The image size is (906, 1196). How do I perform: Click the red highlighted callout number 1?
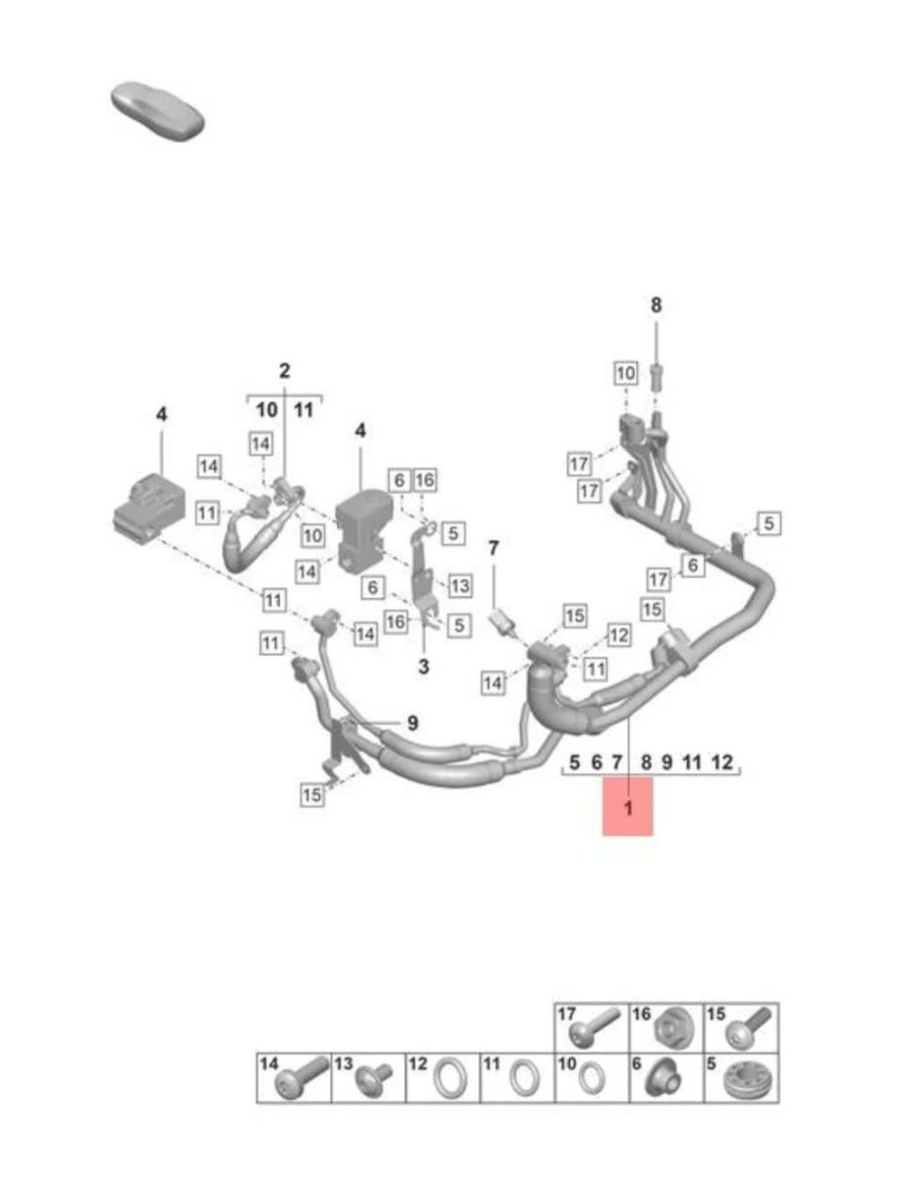[x=628, y=807]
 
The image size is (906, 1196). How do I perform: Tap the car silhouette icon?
[x=157, y=112]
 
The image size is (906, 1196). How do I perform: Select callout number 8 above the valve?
[x=656, y=305]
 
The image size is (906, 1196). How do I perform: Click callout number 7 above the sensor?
[x=493, y=548]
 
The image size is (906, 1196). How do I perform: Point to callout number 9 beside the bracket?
[x=413, y=724]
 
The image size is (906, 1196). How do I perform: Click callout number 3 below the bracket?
[x=423, y=666]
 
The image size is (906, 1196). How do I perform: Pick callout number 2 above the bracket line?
[x=284, y=371]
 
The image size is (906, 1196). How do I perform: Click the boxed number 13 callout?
[x=459, y=585]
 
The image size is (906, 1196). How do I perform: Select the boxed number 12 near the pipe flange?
[x=619, y=635]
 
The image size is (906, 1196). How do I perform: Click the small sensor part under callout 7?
[x=502, y=621]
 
